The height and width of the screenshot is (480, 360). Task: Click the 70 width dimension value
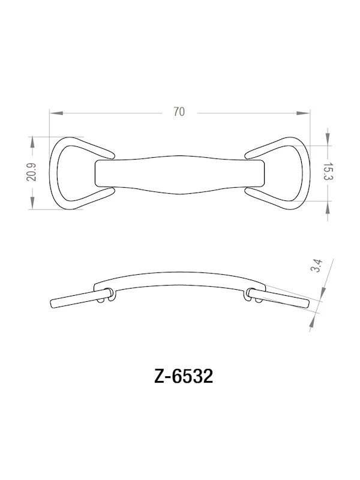[x=178, y=112]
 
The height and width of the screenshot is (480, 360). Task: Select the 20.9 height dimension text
[x=32, y=173]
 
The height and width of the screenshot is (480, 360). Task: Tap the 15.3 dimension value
[x=328, y=173]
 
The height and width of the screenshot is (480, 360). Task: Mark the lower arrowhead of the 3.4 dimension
[x=313, y=323]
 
